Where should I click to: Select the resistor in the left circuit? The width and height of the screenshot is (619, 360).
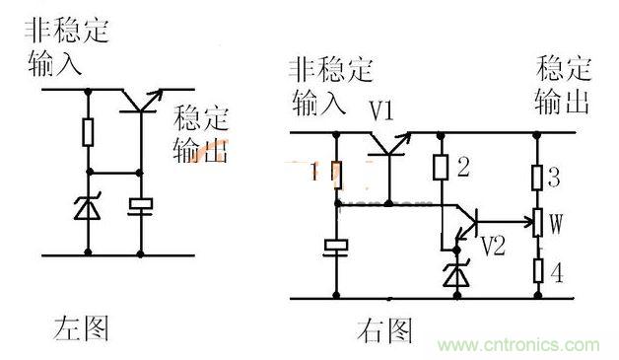(x=88, y=131)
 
